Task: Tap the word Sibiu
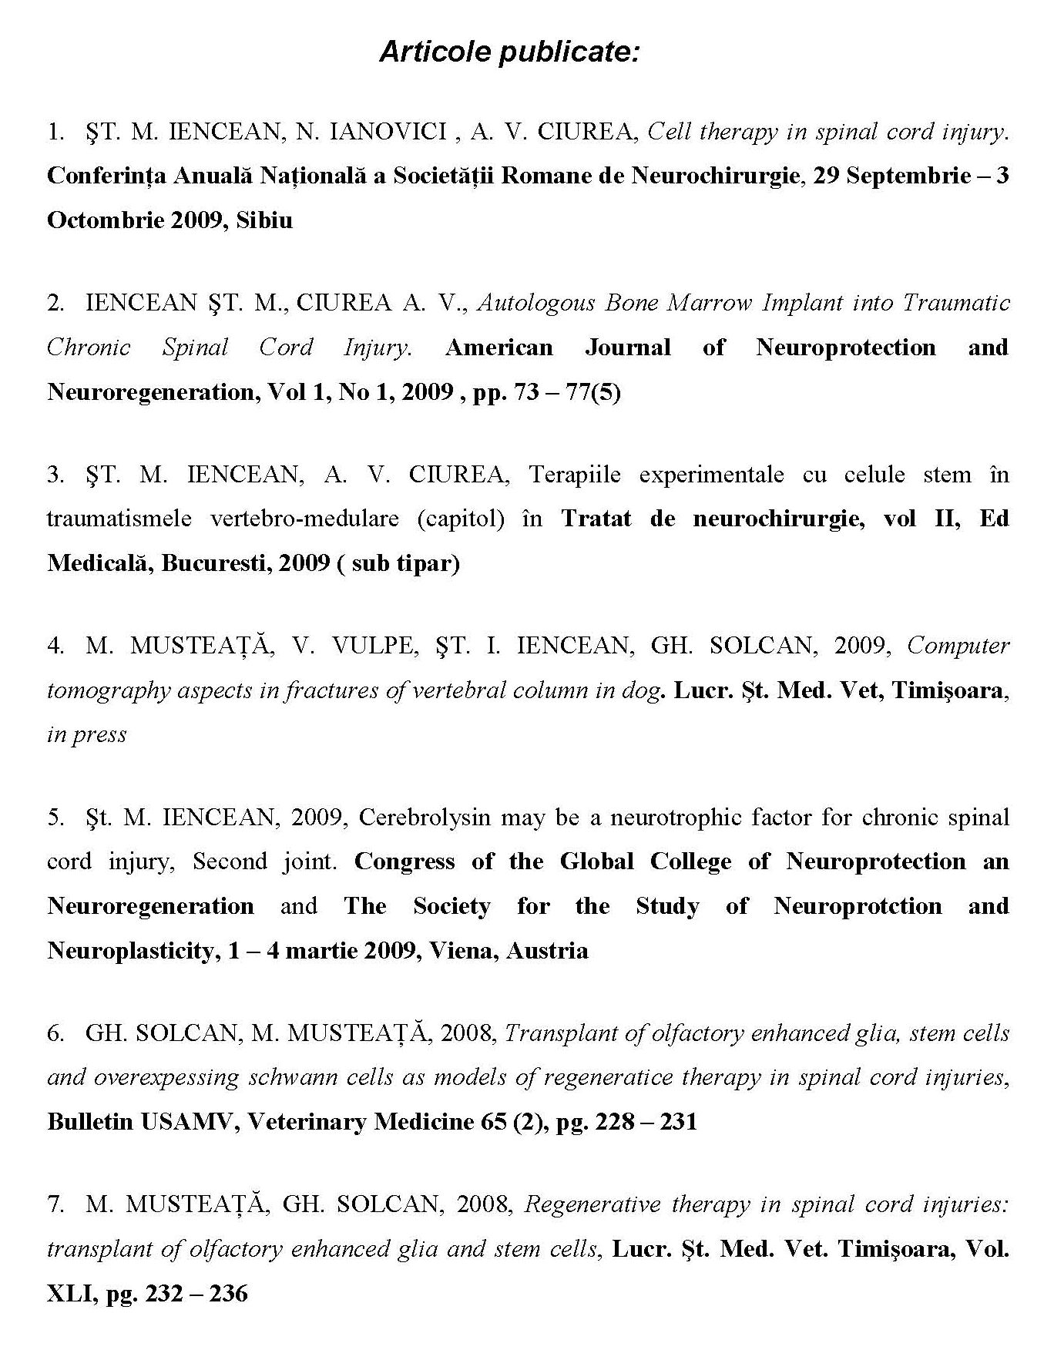tap(264, 220)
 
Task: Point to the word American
tap(498, 348)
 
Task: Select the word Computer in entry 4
tap(958, 645)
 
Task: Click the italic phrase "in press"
tap(86, 734)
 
